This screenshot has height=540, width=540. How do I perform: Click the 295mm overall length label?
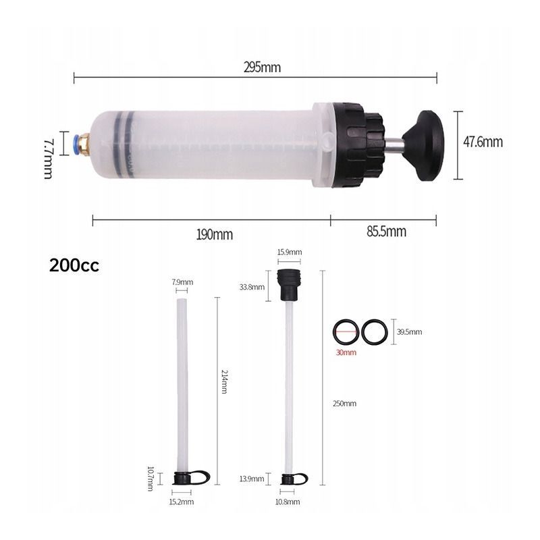262,67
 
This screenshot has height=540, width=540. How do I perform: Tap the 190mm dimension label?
214,234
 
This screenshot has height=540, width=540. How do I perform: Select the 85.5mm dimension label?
386,231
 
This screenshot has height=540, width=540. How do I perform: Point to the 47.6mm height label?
483,142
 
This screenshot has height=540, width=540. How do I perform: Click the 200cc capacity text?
74,265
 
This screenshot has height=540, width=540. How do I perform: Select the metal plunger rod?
394,145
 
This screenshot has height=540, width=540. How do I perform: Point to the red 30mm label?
346,352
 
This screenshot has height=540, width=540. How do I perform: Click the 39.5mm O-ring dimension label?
409,332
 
